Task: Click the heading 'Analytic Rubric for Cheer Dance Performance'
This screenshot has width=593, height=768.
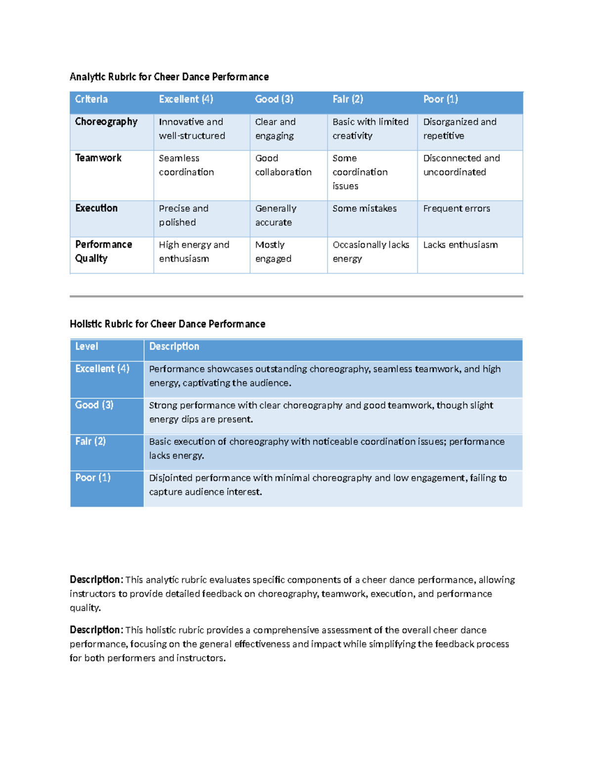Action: click(169, 77)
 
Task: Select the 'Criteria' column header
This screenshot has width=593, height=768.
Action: click(91, 99)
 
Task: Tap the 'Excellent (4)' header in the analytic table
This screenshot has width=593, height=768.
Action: click(186, 99)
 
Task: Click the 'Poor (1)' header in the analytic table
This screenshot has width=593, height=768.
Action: click(440, 99)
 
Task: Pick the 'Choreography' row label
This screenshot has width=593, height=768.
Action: click(106, 122)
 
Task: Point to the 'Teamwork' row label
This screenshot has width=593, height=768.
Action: click(98, 158)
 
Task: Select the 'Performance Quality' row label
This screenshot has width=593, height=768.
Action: click(103, 251)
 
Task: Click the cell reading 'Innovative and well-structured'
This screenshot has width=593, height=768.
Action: click(192, 129)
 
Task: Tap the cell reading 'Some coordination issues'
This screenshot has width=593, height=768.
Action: click(360, 172)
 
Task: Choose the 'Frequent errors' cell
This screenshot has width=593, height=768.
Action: click(457, 209)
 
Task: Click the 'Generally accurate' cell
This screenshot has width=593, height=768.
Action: click(276, 216)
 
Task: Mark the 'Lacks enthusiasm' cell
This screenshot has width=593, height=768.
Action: click(460, 245)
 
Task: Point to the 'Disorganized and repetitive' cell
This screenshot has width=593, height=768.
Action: click(460, 129)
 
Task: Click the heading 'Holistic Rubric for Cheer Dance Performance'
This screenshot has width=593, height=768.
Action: click(168, 324)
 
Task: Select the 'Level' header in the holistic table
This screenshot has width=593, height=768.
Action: click(86, 347)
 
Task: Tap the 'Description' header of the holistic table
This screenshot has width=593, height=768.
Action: click(174, 347)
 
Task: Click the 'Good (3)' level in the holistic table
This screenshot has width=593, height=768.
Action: click(94, 405)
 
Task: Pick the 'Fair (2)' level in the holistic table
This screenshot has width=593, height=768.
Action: click(90, 441)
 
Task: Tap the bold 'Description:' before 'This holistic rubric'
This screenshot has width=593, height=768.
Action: click(96, 630)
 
